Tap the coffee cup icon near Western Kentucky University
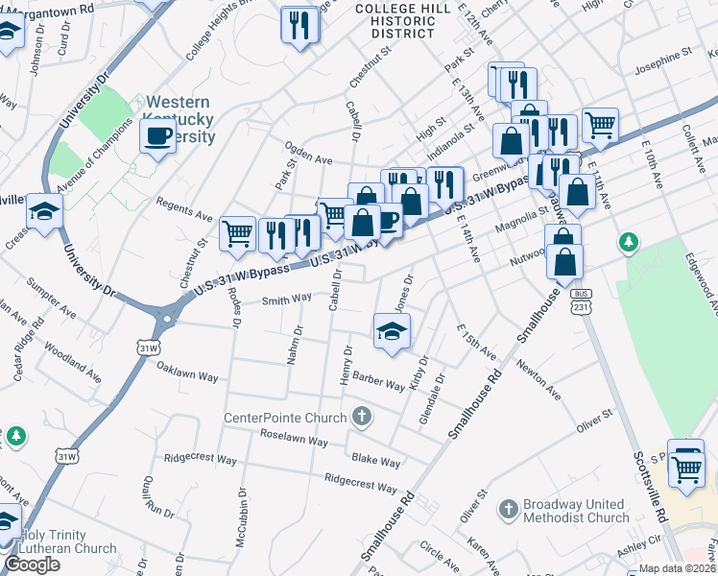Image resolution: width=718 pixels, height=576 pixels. pyautogui.click(x=158, y=135)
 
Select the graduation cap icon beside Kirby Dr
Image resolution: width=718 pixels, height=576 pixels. pyautogui.click(x=392, y=331)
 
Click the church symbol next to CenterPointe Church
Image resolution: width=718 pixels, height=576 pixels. pyautogui.click(x=361, y=417)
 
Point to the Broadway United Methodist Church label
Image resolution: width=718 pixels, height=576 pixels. pyautogui.click(x=576, y=511)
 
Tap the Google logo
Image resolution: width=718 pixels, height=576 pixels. pyautogui.click(x=33, y=564)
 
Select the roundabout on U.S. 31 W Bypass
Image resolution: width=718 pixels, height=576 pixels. pyautogui.click(x=168, y=315)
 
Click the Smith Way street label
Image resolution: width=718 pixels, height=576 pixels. pyautogui.click(x=288, y=300)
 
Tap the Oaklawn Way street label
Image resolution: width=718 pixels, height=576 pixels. pyautogui.click(x=187, y=372)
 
